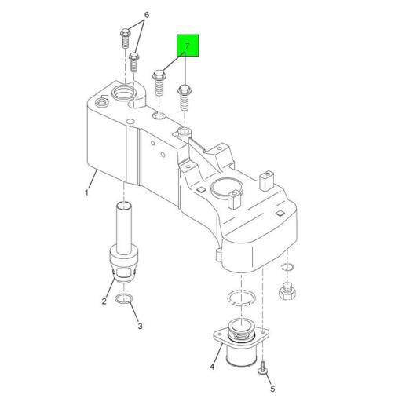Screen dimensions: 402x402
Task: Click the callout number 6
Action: (x=147, y=15)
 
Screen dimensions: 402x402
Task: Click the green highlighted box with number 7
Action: (x=188, y=46)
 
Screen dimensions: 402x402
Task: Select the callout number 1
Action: (x=86, y=193)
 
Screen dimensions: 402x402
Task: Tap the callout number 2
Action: (x=104, y=301)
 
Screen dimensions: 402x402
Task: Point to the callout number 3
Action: (x=141, y=326)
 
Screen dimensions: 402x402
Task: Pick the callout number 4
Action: (x=212, y=367)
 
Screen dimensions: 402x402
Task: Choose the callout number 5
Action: (x=272, y=389)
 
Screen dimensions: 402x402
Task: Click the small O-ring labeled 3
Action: (x=124, y=298)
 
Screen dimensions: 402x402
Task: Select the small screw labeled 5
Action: (x=262, y=367)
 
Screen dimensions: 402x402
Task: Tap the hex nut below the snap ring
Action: (x=287, y=291)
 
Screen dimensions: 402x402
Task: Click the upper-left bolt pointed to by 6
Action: (x=126, y=38)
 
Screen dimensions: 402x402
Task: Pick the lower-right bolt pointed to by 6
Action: (x=134, y=62)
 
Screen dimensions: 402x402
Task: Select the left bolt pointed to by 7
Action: (x=159, y=82)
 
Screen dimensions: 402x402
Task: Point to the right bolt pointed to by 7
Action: (x=185, y=97)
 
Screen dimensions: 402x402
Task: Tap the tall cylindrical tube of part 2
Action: (x=124, y=228)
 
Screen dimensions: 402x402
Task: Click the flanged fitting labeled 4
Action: (x=241, y=342)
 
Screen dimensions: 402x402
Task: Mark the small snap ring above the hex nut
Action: (x=287, y=267)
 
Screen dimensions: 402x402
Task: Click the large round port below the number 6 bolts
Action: (x=123, y=92)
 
